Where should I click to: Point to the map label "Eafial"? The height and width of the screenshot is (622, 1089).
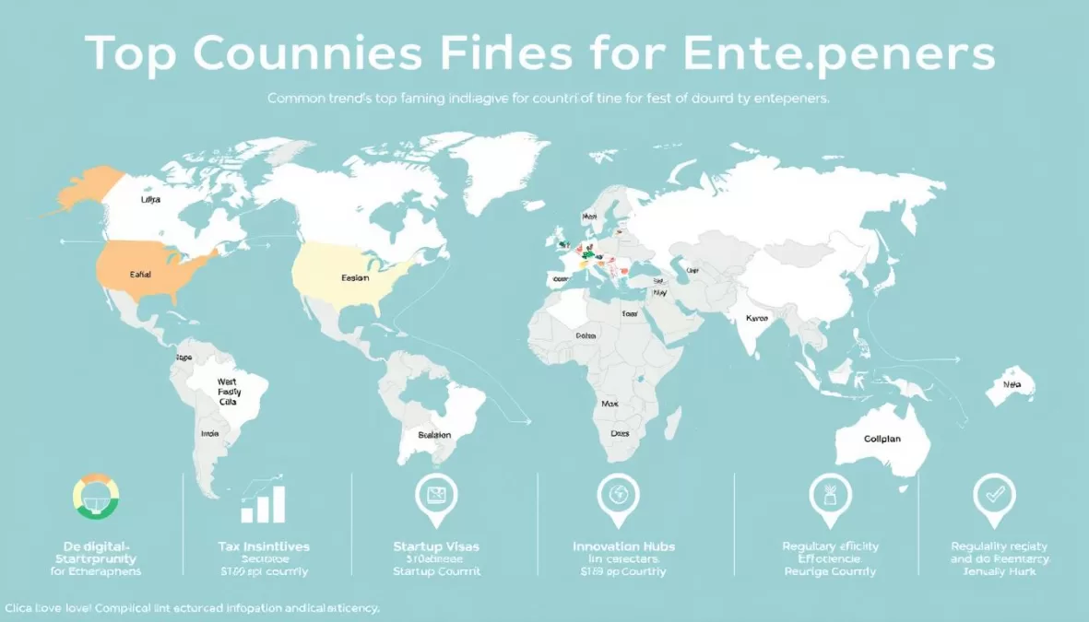(x=141, y=275)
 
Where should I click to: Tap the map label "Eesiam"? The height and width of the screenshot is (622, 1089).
(x=355, y=276)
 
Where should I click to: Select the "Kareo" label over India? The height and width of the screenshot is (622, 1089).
(x=758, y=319)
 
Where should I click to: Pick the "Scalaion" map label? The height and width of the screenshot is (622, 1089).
(x=433, y=435)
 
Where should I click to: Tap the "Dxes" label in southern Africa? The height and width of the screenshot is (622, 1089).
(x=620, y=433)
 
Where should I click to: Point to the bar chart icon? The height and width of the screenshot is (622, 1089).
(x=264, y=503)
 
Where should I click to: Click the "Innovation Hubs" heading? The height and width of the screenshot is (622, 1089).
(x=623, y=546)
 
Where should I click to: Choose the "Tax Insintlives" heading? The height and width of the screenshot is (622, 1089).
(x=265, y=546)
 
